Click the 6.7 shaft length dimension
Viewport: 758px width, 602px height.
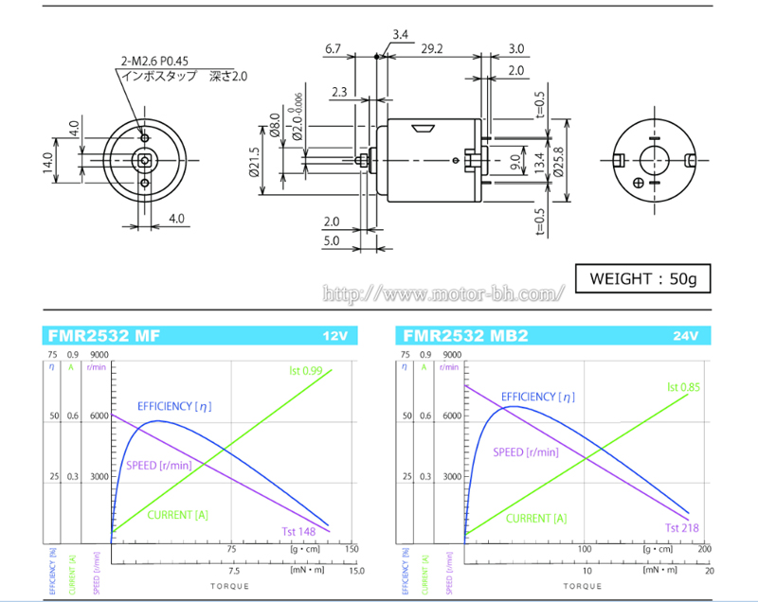(333, 47)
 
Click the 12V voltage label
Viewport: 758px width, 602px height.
(335, 336)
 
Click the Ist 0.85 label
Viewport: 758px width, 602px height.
(684, 386)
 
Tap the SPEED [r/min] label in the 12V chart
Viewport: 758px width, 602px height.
(158, 465)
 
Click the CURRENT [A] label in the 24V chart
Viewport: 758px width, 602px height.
(536, 518)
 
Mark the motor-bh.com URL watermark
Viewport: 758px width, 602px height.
(443, 294)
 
